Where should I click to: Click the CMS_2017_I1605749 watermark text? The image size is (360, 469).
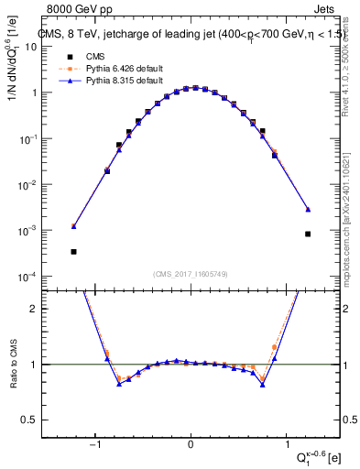coord(191,274)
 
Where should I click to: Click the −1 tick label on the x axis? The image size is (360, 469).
coord(94,443)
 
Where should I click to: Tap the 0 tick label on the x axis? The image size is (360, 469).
coord(191,443)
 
